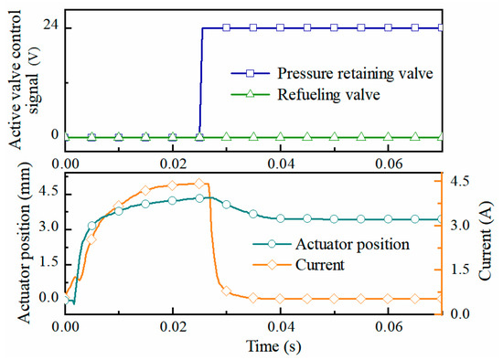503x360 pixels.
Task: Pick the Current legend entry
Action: [x=321, y=265]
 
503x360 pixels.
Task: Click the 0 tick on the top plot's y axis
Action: [x=54, y=136]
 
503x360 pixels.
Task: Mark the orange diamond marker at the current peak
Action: [x=200, y=184]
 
